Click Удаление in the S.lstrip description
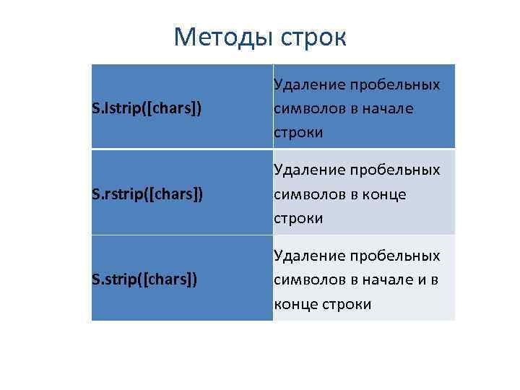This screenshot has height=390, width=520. [x=308, y=85]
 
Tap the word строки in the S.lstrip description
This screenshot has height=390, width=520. [x=298, y=132]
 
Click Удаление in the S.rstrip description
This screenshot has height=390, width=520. [x=308, y=170]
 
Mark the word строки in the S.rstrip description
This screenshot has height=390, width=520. [x=298, y=217]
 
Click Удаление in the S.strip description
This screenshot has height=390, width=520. [x=308, y=256]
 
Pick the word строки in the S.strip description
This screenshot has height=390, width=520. [x=348, y=303]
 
